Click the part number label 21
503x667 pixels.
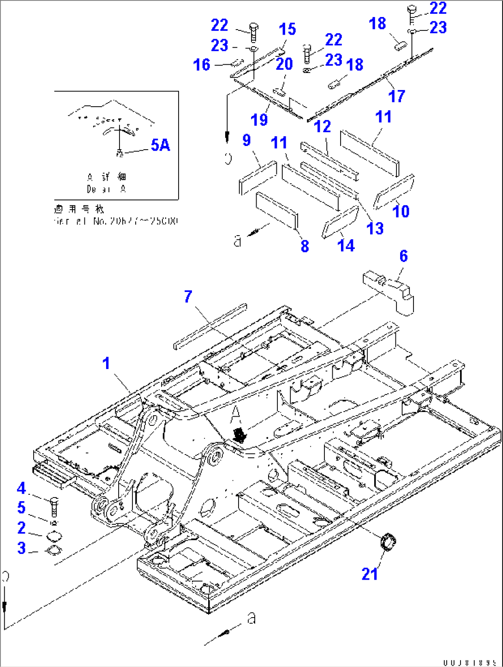coord(370,574)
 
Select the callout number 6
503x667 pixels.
coord(403,256)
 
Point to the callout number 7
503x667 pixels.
coord(188,297)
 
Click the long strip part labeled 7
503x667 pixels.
coord(210,325)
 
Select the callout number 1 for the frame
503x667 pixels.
coord(106,363)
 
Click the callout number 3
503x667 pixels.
coord(21,548)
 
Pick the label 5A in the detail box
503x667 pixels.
coord(160,145)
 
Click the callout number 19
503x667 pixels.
coord(259,120)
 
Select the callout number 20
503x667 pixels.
coord(284,64)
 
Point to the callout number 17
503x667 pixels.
coord(396,96)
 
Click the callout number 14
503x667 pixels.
coord(346,246)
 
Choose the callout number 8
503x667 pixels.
coord(305,246)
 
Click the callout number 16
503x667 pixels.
coord(202,65)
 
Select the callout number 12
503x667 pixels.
coord(322,127)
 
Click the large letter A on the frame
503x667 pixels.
coord(236,412)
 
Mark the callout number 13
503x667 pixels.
coord(375,228)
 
